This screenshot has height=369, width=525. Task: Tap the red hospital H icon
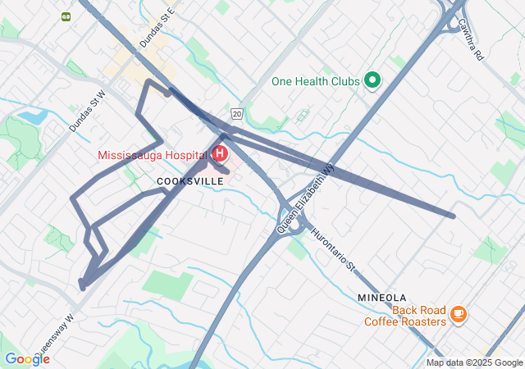220,153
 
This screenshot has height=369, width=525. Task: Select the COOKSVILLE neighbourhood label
189,180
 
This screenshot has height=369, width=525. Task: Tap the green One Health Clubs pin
372,80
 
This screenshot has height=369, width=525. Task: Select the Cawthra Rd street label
470,39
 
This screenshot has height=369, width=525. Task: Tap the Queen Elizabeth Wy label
307,197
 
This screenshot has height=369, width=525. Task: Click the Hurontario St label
333,249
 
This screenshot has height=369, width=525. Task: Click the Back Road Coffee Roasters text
406,316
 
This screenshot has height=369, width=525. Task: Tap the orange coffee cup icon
458,312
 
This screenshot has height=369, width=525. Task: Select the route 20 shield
237,113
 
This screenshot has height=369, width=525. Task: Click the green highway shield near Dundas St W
65,16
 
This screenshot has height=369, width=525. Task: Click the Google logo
27,359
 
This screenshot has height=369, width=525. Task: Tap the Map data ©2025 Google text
474,363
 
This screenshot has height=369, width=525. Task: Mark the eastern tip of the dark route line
453,216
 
